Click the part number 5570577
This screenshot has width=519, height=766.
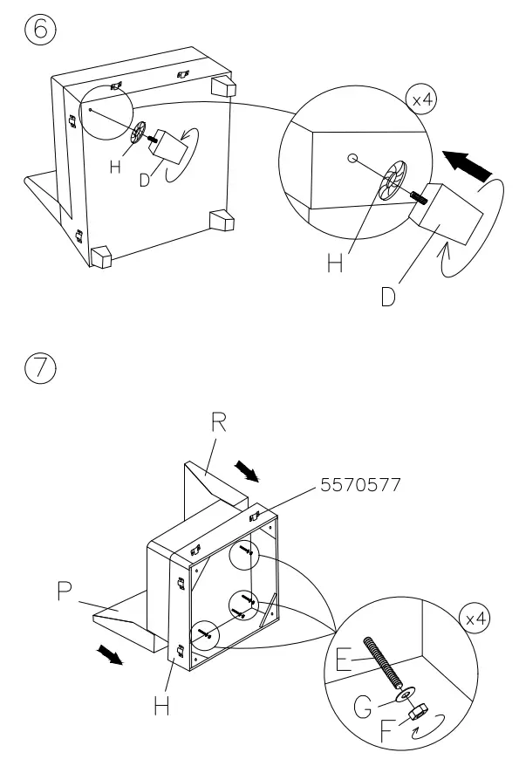[359, 485]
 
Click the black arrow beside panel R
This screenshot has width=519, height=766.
[249, 472]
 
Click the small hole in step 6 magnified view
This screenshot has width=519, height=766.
[352, 159]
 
